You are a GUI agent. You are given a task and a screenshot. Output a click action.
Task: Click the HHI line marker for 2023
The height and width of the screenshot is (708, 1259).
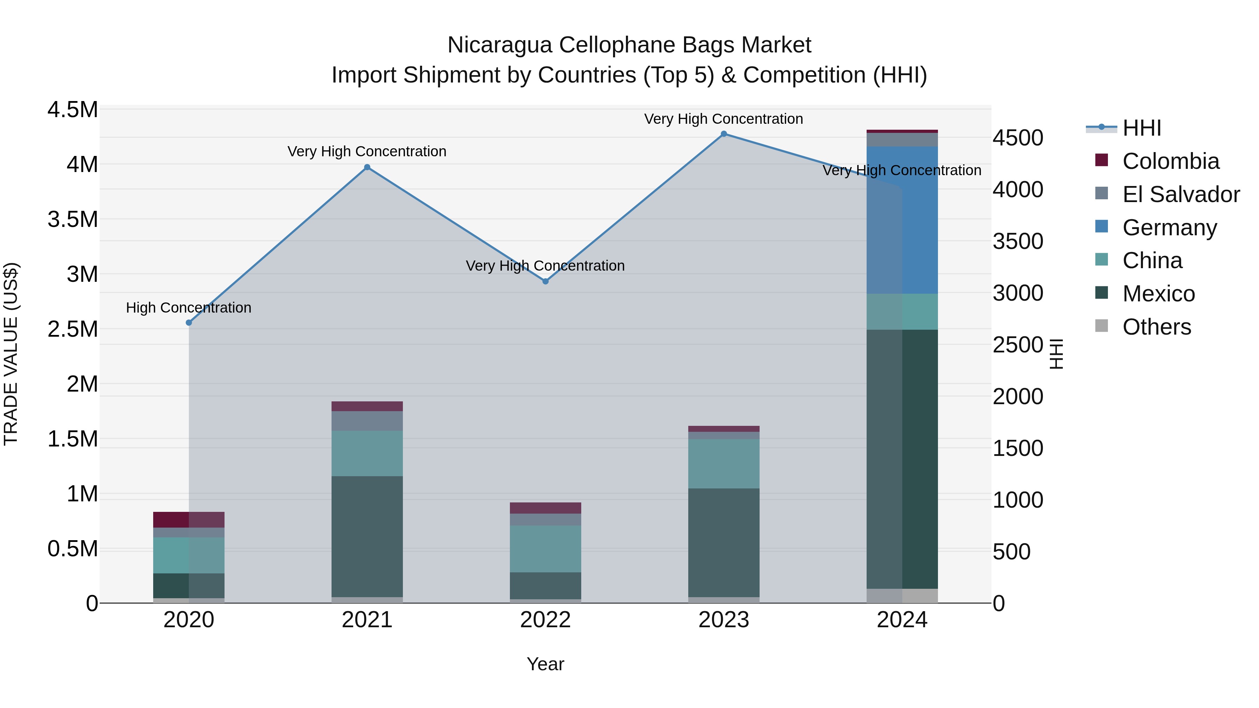click(724, 134)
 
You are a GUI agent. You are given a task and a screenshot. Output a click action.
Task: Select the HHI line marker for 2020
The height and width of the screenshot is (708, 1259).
click(189, 322)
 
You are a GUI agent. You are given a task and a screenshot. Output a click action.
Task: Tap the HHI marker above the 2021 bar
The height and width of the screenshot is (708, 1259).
click(368, 167)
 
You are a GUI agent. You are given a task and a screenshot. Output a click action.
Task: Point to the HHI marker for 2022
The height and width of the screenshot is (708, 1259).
click(546, 281)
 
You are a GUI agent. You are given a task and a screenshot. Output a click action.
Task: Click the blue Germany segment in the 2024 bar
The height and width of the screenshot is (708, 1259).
click(902, 220)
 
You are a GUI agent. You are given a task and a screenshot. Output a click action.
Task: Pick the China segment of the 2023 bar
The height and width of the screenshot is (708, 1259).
click(724, 463)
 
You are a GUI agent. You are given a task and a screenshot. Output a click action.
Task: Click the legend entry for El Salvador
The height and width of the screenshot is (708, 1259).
click(1181, 194)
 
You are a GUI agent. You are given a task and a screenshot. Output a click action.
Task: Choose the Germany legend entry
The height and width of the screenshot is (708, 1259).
click(1169, 228)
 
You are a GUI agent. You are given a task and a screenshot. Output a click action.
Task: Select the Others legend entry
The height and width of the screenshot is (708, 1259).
click(1157, 327)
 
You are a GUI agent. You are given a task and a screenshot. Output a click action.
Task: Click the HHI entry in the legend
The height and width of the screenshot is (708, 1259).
click(1142, 128)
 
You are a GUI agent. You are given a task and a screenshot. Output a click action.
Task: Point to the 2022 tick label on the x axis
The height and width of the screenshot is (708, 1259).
click(546, 620)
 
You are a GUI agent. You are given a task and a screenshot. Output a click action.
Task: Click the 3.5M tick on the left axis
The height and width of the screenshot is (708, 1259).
click(73, 219)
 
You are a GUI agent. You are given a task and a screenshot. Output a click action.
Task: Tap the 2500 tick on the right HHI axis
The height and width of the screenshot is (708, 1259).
click(1018, 345)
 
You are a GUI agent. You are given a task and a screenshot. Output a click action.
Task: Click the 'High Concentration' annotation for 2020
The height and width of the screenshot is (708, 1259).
click(189, 308)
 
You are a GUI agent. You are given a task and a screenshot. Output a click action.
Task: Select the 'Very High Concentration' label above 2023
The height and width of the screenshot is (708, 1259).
click(723, 119)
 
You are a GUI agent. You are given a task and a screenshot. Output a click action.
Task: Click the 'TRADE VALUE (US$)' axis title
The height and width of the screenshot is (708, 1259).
click(11, 354)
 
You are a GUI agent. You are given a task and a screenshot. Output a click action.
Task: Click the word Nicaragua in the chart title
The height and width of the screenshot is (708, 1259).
click(499, 45)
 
